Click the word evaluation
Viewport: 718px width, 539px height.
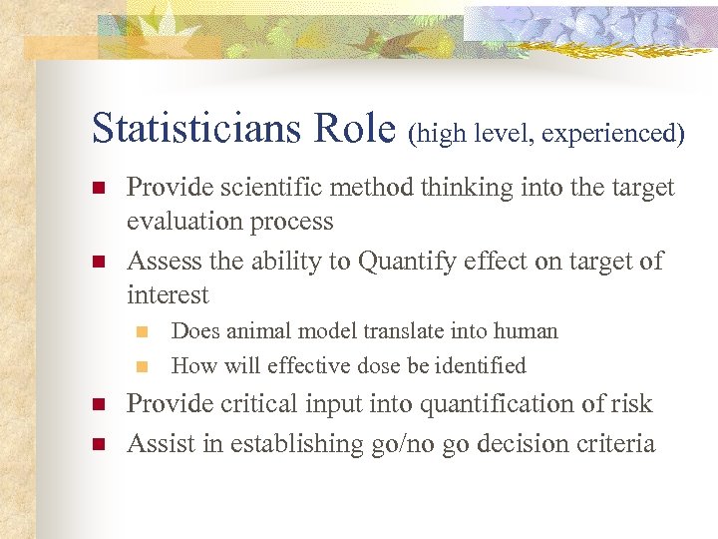coord(185,222)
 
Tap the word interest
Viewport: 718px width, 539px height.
coord(168,295)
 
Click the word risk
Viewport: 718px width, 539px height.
coord(630,404)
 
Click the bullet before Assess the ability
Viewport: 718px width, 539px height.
coord(98,263)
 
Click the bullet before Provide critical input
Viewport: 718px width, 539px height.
coord(98,405)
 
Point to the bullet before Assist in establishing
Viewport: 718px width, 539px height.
coord(98,444)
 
